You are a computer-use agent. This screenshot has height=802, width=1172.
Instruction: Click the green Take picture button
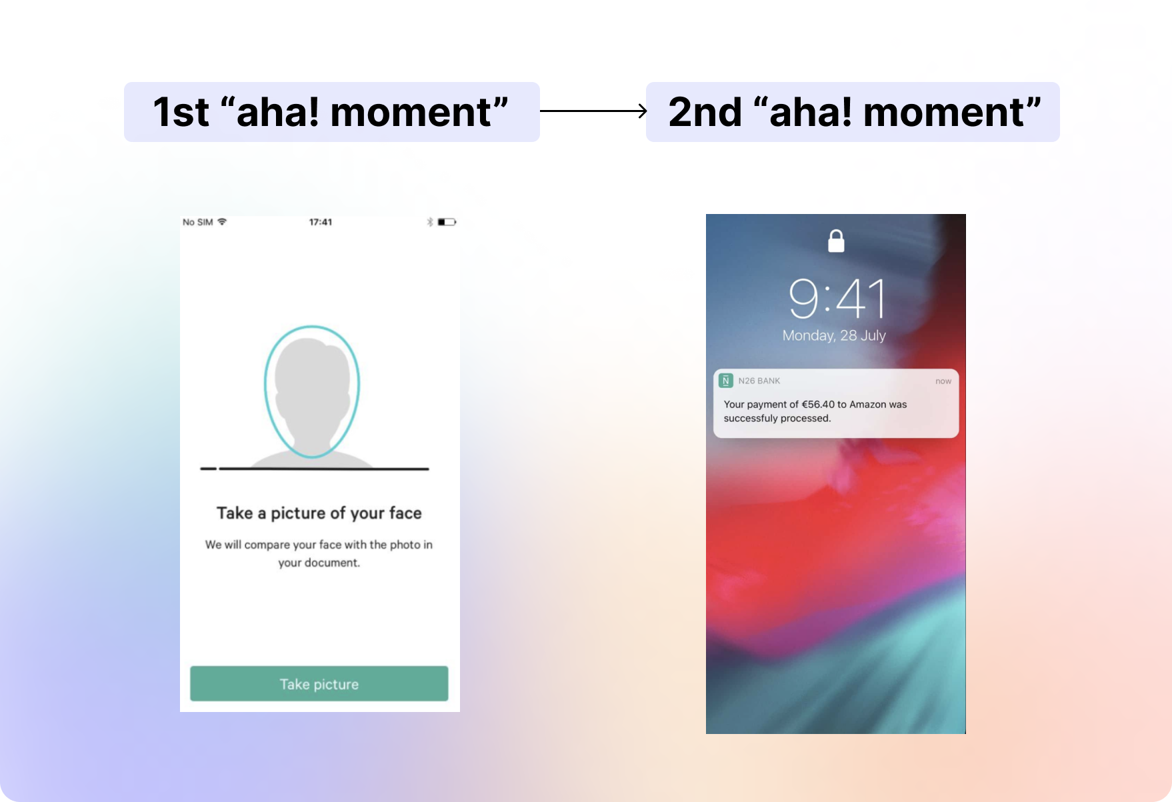point(319,683)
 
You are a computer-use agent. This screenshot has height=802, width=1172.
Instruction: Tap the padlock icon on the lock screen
point(836,241)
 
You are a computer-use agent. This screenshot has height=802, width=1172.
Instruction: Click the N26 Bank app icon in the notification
point(726,381)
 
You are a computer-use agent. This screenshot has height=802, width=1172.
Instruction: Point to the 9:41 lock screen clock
point(837,299)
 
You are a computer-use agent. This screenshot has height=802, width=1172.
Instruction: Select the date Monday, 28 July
point(834,335)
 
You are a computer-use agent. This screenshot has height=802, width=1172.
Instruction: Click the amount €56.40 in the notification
point(818,404)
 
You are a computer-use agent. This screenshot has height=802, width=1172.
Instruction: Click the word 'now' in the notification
point(943,381)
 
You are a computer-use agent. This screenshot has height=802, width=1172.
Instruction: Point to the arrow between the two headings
point(593,111)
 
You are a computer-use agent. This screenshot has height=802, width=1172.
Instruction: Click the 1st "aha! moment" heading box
point(332,112)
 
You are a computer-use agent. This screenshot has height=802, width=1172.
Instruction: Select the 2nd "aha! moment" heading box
point(853,112)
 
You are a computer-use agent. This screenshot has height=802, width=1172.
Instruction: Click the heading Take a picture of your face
point(319,513)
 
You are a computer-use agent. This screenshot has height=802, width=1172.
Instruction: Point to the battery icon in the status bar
point(447,222)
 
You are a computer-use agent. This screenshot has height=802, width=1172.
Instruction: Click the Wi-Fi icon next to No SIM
point(222,221)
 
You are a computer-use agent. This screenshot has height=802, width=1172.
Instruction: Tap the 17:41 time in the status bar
point(321,222)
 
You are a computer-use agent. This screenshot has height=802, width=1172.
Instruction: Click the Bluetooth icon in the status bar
point(430,222)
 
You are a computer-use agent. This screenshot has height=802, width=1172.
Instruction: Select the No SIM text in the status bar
point(198,222)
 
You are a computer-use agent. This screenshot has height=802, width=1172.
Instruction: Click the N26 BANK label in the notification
point(759,381)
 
